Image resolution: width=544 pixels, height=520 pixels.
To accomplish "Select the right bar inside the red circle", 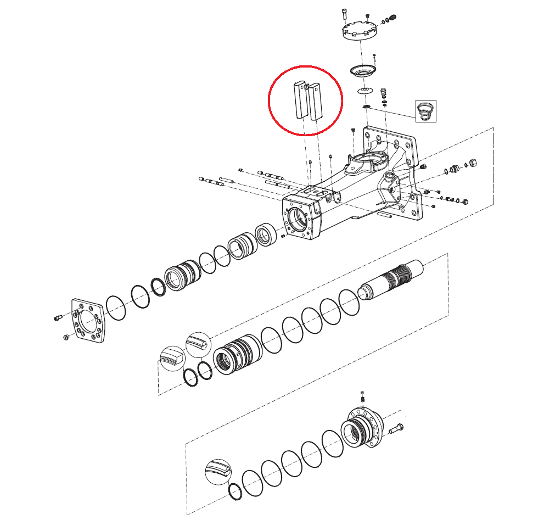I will point(316,102).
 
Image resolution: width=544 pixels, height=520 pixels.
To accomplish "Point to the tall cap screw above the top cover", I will point(344,16).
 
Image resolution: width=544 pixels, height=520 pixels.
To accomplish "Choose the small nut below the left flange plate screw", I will point(65,337).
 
